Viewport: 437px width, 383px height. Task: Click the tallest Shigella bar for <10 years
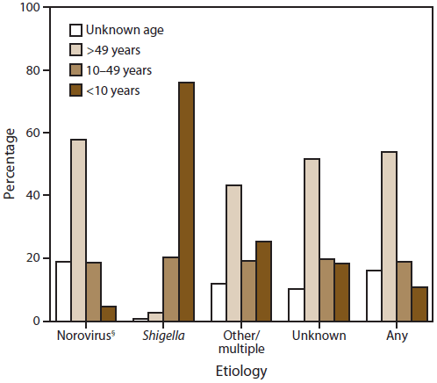[x=186, y=202]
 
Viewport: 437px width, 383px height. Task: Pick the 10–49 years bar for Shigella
[x=170, y=289]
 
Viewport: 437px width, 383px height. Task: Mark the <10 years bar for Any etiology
[x=419, y=304]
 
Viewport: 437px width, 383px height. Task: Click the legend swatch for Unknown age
[x=76, y=30]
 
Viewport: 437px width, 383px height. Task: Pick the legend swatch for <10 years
[x=76, y=89]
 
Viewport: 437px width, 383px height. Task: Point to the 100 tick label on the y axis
[x=32, y=8]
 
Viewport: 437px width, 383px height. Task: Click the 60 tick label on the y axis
[x=34, y=134]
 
